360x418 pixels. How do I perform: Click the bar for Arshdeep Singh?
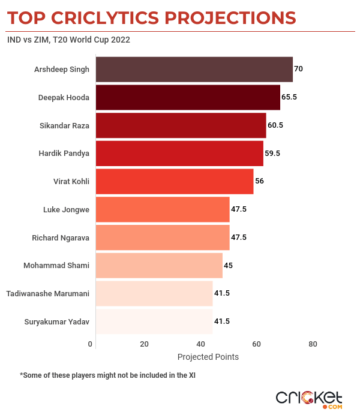click(x=194, y=69)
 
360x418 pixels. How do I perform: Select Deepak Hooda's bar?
click(x=188, y=97)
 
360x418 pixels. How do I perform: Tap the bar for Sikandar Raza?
click(x=181, y=125)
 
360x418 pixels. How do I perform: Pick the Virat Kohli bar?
click(x=175, y=181)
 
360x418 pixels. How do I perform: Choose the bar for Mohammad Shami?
click(x=159, y=265)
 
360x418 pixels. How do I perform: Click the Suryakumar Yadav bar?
click(x=154, y=321)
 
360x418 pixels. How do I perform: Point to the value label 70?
click(x=298, y=69)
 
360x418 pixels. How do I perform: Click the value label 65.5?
click(x=289, y=97)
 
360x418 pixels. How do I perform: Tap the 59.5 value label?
click(x=272, y=154)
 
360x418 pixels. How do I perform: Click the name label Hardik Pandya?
click(x=64, y=154)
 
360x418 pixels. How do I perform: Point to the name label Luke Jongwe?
click(x=66, y=209)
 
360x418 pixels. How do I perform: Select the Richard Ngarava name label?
click(x=61, y=237)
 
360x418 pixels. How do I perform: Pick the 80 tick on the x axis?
click(x=313, y=344)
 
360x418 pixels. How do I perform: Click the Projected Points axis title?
click(x=208, y=357)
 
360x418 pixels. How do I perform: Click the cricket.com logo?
click(x=308, y=399)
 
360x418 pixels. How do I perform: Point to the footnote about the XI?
click(x=108, y=375)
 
